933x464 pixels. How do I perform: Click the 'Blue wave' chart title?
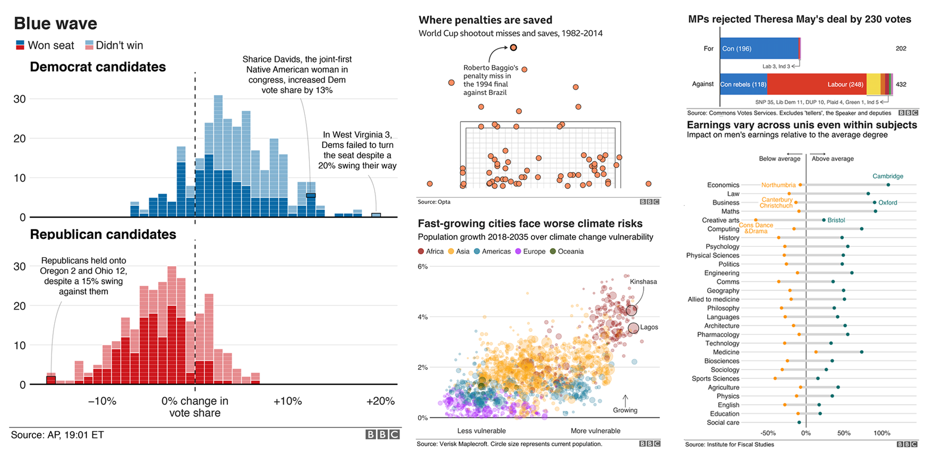(55, 23)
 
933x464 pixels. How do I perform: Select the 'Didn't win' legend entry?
(114, 45)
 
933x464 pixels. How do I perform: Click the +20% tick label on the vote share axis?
(380, 401)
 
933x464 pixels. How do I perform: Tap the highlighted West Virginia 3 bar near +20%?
(376, 215)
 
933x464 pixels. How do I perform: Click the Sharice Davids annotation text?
(297, 74)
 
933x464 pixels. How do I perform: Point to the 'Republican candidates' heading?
(103, 234)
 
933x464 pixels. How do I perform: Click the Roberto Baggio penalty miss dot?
(513, 48)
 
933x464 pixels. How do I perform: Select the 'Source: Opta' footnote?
(434, 202)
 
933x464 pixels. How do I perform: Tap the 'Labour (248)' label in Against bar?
(845, 84)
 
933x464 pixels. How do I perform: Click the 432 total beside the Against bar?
(901, 84)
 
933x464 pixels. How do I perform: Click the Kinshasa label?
(643, 282)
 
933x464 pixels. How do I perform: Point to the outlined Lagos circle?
(633, 328)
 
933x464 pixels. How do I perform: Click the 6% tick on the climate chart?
(422, 267)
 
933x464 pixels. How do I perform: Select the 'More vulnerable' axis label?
(595, 431)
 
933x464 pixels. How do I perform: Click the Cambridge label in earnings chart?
(887, 176)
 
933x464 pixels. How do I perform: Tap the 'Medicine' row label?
(726, 352)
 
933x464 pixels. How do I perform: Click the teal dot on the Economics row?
(888, 185)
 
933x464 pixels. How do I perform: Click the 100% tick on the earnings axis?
(881, 433)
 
